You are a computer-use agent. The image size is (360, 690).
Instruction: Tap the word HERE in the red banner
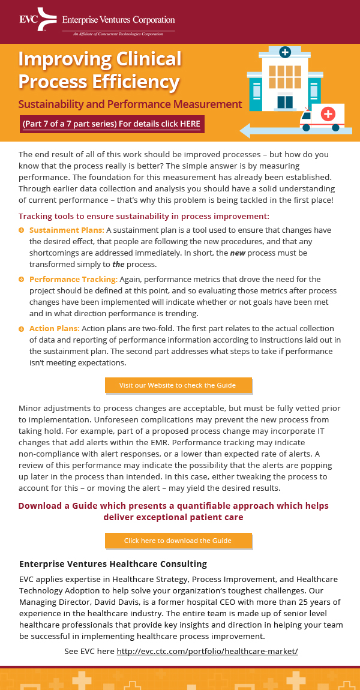pos(190,124)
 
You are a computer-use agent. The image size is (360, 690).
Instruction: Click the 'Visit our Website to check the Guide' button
pos(178,385)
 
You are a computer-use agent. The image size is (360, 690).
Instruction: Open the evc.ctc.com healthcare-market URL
pos(207,651)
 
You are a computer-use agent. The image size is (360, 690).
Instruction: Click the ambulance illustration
pos(322,116)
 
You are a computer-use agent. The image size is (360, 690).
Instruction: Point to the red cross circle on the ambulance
pos(328,113)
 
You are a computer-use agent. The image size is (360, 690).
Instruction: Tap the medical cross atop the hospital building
pos(284,52)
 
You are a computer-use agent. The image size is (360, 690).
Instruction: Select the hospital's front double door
pos(284,103)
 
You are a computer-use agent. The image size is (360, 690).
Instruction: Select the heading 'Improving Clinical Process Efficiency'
pos(100,70)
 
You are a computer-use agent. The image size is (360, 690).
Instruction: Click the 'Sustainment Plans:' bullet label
pos(67,230)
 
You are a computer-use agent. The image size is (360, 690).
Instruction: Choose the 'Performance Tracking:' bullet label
pos(73,279)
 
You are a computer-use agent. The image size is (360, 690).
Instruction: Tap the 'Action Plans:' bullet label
pos(54,328)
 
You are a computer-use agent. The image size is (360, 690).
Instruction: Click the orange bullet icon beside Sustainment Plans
pos(22,230)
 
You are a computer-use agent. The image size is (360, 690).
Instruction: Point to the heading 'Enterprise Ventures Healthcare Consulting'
pos(113,564)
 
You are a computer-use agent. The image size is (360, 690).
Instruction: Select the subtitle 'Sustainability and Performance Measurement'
pos(130,104)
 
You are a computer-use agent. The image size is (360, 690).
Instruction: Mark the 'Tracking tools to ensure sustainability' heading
pos(144,216)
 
